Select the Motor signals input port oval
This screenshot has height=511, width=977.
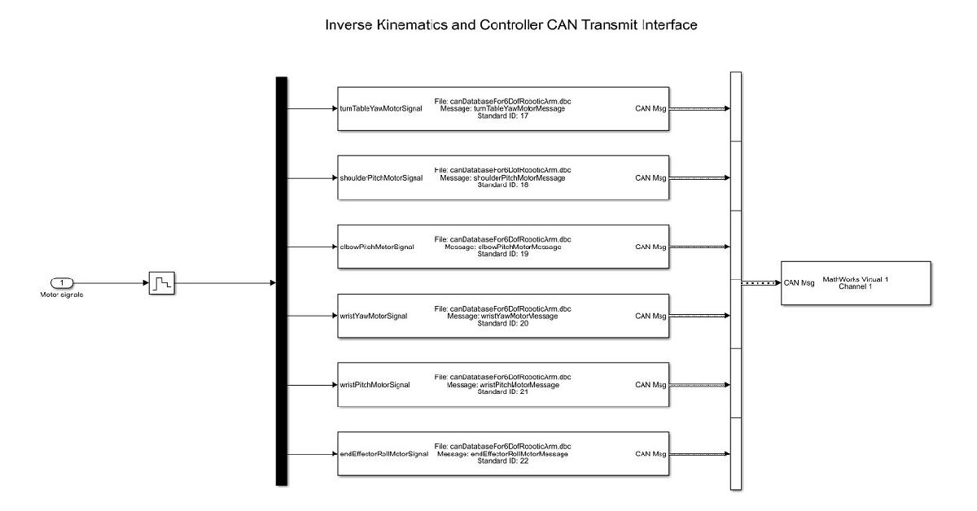click(62, 282)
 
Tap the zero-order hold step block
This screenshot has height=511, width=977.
click(161, 283)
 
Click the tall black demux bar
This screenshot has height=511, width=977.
click(282, 281)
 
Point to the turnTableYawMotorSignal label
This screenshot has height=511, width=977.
click(380, 108)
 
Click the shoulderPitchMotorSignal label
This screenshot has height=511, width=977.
click(381, 177)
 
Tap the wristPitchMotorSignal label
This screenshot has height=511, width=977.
click(375, 385)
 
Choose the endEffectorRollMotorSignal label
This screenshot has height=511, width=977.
click(383, 454)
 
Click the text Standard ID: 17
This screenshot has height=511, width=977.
click(502, 116)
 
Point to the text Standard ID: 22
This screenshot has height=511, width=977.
click(502, 461)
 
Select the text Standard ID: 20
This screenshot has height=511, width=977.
click(502, 323)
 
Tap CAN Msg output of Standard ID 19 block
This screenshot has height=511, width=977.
click(650, 247)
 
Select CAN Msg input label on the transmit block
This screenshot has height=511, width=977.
click(799, 283)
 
